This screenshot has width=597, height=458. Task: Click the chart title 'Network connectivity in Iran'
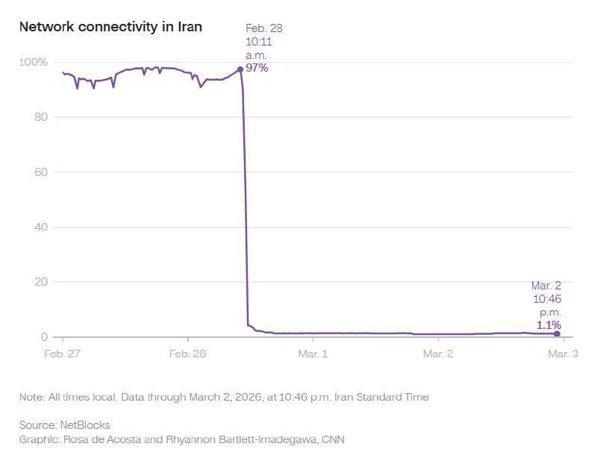(x=110, y=27)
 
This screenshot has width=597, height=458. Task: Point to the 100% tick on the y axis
(x=34, y=62)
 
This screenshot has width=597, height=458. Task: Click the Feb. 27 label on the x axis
(x=63, y=353)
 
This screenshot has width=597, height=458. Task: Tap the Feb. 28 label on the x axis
(x=189, y=353)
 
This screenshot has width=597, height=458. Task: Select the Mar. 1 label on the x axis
(x=313, y=353)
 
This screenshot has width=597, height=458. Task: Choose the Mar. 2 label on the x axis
(x=438, y=353)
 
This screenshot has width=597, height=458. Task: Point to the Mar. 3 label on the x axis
(x=563, y=353)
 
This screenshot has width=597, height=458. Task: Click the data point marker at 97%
(x=240, y=69)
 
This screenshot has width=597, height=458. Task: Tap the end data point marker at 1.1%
(x=557, y=334)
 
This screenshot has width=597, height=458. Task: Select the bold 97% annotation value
(x=257, y=68)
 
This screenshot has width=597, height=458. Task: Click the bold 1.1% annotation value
(x=548, y=325)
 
